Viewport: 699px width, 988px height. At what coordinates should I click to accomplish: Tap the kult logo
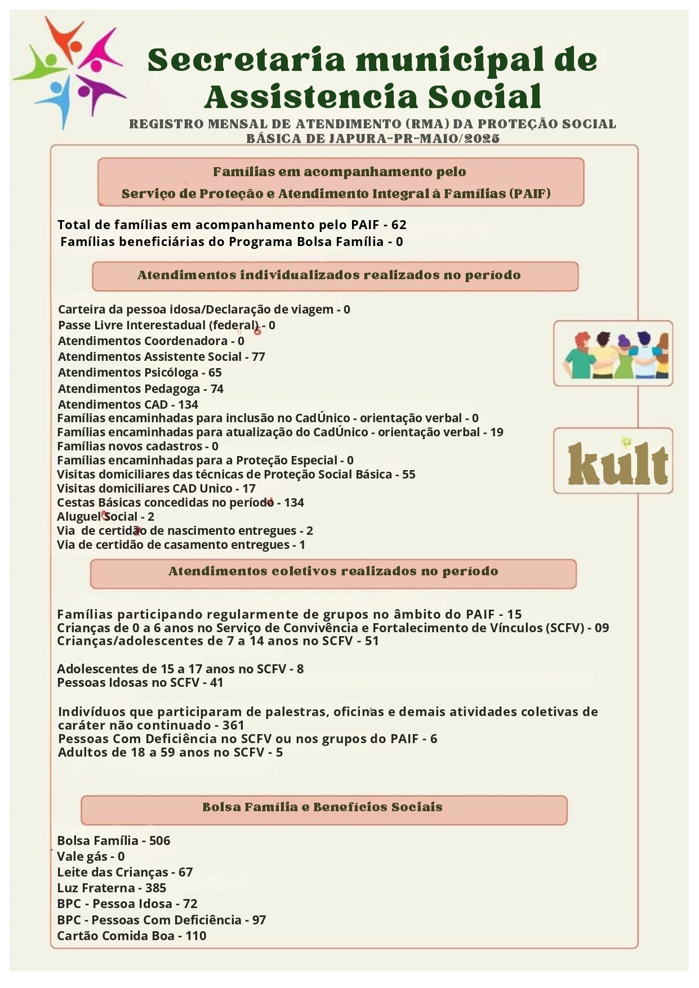617,463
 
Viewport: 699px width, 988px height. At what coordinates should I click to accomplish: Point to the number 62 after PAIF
399,225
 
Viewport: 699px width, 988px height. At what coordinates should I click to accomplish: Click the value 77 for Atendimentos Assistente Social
259,357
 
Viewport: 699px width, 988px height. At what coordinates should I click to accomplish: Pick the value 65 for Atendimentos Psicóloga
215,373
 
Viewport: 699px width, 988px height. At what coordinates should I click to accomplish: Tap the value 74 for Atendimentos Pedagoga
217,389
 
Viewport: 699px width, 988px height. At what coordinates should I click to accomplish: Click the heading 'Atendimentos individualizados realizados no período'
329,275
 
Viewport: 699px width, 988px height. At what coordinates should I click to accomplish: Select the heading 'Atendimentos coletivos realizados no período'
333,571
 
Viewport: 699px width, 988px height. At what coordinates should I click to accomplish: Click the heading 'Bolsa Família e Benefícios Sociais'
322,807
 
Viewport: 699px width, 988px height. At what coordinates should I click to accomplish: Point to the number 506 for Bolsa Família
160,841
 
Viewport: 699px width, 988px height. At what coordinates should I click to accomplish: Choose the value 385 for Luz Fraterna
156,888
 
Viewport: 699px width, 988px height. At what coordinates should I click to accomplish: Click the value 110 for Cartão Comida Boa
196,936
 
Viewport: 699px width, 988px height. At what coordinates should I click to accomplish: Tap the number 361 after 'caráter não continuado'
233,726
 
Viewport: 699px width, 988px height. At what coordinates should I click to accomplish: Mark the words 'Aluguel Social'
97,517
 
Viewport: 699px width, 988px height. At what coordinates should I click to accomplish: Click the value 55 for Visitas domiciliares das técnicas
409,475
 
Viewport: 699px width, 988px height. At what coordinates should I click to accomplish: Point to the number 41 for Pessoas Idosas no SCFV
217,683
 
